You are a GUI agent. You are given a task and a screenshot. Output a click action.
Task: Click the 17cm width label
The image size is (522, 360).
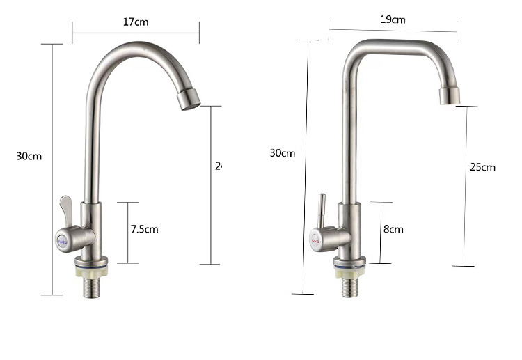point(136,22)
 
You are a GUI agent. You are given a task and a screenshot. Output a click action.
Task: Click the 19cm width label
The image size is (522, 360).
point(393,19)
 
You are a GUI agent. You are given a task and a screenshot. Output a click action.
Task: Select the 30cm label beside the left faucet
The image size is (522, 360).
point(29,156)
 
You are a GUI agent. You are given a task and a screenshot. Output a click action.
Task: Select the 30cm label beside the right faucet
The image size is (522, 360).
point(282,153)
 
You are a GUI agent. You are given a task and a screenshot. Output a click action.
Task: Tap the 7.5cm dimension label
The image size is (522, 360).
point(145,228)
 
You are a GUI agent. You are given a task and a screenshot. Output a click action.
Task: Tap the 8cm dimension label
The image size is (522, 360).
point(393,229)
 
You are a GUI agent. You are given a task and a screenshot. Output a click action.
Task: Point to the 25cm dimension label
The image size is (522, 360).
point(482,167)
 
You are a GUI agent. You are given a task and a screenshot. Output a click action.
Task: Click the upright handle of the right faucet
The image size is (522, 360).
point(321,209)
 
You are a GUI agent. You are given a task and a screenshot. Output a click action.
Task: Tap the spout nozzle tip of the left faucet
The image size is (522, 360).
point(188,100)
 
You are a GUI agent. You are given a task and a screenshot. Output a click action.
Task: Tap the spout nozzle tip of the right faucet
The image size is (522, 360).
point(448,96)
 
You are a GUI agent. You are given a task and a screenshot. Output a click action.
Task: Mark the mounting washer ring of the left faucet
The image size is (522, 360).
point(90,263)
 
